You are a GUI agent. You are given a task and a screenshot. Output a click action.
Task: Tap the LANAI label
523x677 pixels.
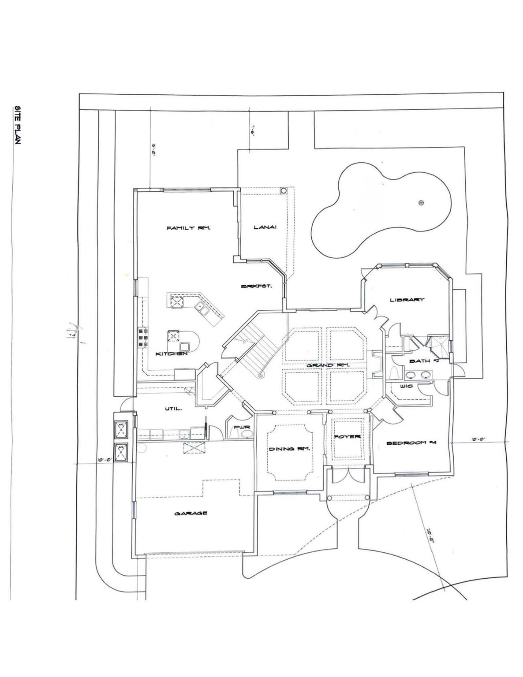click(x=265, y=227)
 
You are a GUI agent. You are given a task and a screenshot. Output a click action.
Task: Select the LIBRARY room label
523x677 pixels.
click(x=407, y=300)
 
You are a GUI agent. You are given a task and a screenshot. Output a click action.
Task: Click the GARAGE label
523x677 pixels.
click(x=191, y=513)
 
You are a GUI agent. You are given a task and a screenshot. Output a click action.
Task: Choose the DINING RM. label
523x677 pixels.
click(x=289, y=449)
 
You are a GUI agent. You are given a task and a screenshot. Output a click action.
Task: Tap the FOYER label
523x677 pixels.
click(x=347, y=437)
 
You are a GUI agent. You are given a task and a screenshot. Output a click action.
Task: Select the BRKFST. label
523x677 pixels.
click(x=256, y=286)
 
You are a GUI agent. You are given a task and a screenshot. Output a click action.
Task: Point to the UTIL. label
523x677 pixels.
click(x=172, y=409)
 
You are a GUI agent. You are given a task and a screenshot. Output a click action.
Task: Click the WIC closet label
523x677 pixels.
click(x=406, y=387)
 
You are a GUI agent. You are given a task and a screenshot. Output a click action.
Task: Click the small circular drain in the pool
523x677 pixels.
click(x=421, y=203)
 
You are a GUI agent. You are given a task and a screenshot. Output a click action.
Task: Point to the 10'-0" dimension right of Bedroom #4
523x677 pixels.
click(x=478, y=439)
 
